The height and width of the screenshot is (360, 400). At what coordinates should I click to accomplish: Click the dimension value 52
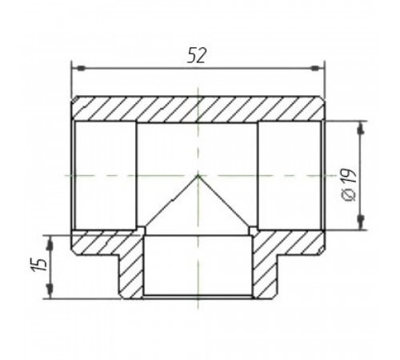point(197,55)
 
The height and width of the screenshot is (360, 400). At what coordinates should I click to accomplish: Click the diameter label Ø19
point(350,185)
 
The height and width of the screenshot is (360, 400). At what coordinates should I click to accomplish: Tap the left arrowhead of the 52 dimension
point(81,69)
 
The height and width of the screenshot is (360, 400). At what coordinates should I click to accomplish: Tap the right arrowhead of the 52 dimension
point(315,69)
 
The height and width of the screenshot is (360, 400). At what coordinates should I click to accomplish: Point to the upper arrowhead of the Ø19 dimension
point(362,130)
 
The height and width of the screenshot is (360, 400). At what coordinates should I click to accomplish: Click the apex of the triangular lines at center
point(198,175)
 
